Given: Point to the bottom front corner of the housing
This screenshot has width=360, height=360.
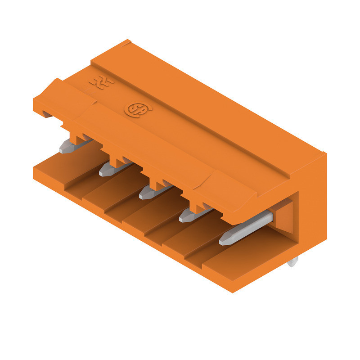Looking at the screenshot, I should tap(232, 291).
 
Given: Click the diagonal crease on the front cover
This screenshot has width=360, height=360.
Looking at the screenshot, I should tap(205, 180).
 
